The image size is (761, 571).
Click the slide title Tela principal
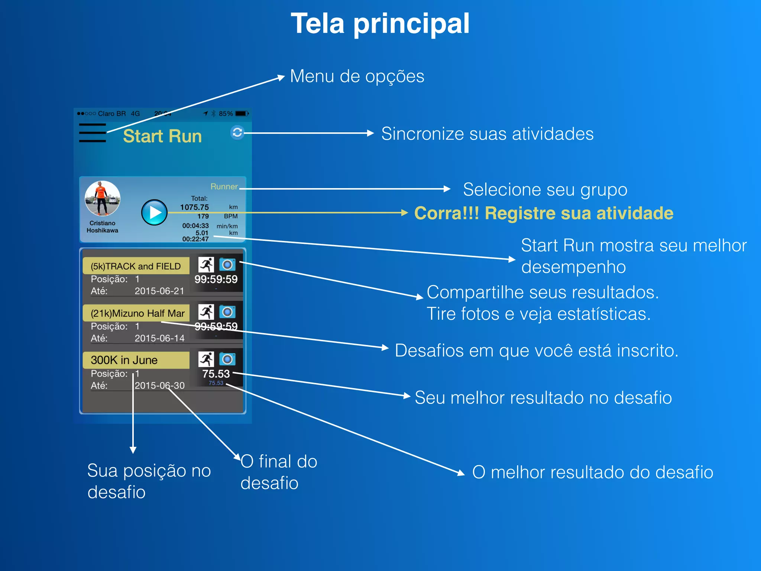(x=380, y=24)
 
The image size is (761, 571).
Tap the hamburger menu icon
(x=93, y=133)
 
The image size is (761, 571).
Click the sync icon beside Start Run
(x=237, y=132)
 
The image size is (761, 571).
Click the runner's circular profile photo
(x=103, y=199)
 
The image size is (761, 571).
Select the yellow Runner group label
(x=224, y=187)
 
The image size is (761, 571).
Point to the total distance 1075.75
(x=194, y=207)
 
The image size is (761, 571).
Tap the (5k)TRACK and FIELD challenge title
(x=136, y=266)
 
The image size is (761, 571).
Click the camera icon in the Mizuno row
(x=227, y=312)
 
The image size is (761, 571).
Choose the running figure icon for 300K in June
(x=206, y=359)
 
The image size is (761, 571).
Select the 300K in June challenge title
(x=124, y=360)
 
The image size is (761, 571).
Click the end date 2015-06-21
(x=159, y=291)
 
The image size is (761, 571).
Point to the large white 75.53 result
(x=216, y=374)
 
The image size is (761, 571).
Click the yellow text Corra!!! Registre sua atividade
(x=544, y=213)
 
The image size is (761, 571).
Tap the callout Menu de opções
(x=357, y=77)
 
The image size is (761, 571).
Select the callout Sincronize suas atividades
(x=487, y=134)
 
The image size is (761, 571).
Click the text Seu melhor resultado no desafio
(x=543, y=398)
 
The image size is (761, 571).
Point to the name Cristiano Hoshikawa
(x=103, y=227)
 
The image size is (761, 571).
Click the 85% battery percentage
(x=226, y=114)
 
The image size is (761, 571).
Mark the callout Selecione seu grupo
(x=545, y=190)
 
